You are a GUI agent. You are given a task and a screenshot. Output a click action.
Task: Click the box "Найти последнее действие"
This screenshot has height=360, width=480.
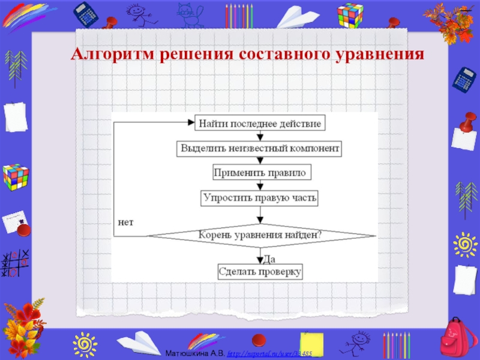tap(259, 124)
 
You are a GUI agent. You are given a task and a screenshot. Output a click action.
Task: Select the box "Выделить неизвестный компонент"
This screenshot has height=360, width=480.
tap(259, 148)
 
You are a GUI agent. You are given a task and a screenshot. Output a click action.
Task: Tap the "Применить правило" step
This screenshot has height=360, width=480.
tap(259, 172)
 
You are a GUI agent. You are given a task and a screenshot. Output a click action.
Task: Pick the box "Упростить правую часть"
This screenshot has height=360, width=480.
tap(259, 197)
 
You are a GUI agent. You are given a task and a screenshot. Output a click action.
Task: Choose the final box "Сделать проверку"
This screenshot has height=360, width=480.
tap(259, 271)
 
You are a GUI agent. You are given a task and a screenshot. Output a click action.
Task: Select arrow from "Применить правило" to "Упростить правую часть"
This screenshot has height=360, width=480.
tap(259, 185)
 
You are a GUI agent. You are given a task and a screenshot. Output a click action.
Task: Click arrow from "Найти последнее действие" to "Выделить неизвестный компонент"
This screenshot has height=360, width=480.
tap(259, 136)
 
